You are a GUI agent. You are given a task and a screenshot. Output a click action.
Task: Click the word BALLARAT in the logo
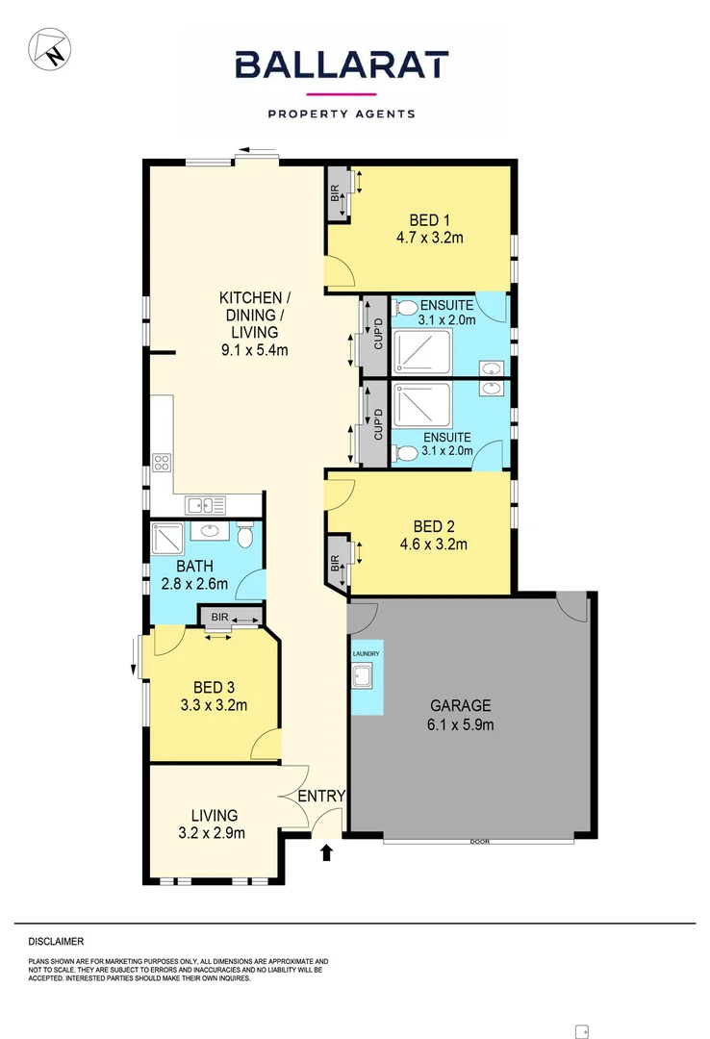tap(342, 66)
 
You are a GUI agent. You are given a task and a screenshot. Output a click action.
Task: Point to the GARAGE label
tap(460, 704)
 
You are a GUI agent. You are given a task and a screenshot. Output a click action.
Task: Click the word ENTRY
tap(320, 796)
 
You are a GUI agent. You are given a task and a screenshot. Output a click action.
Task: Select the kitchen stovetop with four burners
tap(162, 462)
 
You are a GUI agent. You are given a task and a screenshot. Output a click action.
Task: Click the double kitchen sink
tap(206, 504)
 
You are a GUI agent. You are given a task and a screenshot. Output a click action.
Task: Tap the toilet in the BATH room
tap(245, 534)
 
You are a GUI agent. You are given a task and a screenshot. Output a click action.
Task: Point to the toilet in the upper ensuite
tap(406, 309)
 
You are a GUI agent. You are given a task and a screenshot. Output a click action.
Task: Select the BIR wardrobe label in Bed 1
tap(335, 192)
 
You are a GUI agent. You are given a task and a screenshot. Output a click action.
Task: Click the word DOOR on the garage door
tap(479, 842)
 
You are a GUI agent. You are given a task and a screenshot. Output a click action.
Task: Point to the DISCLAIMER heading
tap(57, 941)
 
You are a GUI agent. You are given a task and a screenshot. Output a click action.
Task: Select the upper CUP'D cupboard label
tap(378, 334)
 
